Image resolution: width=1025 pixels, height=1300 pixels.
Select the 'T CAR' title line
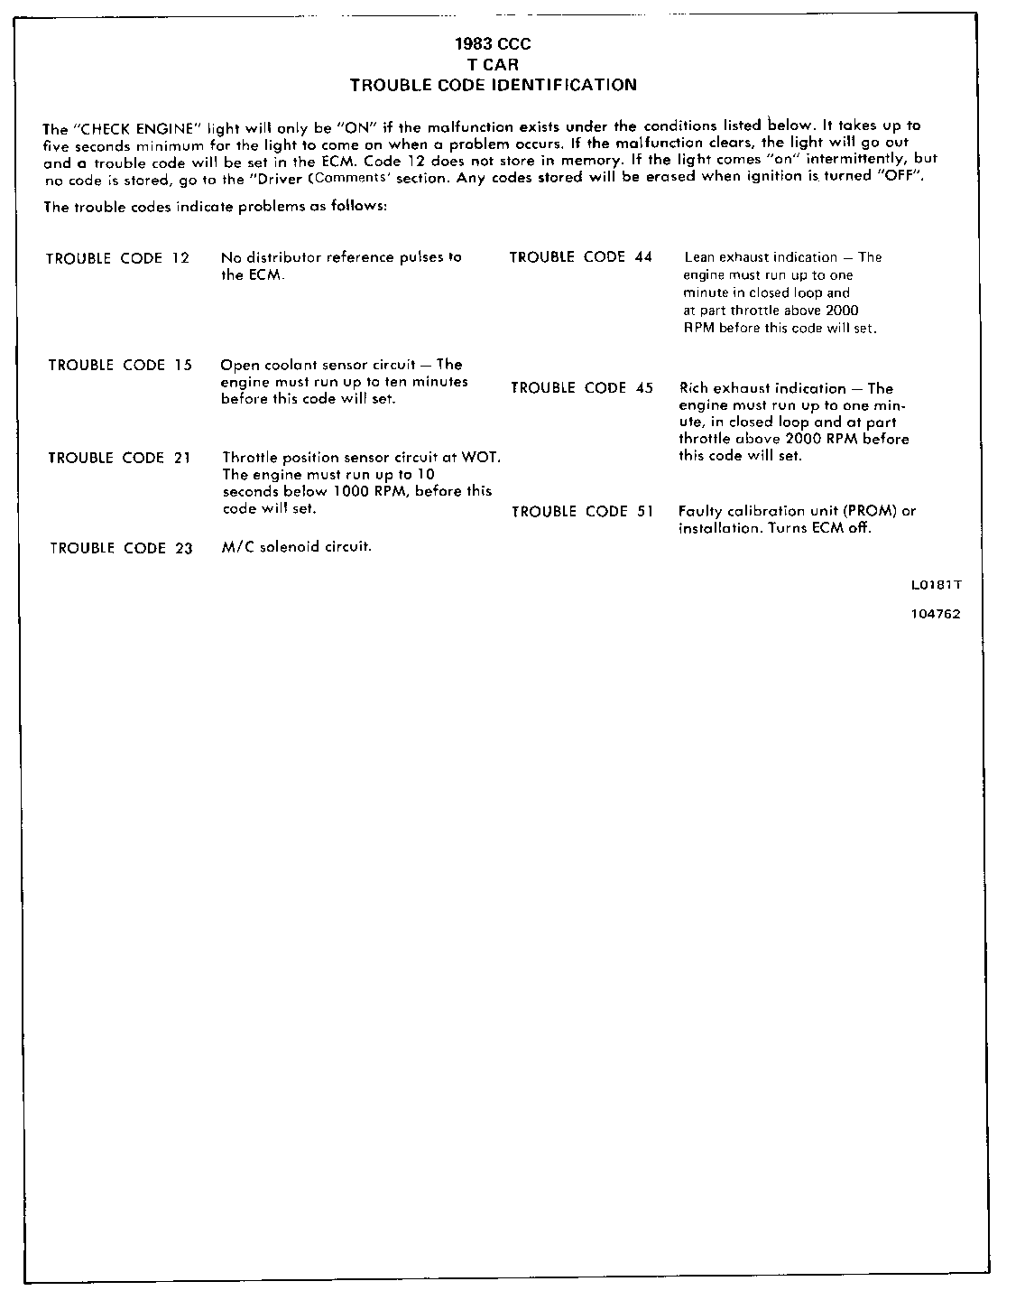coord(493,64)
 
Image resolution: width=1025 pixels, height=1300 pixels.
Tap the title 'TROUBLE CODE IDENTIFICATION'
coord(493,85)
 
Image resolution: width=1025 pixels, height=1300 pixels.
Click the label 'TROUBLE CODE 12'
coord(118,258)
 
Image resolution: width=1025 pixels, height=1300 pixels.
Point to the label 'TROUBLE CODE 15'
coord(120,366)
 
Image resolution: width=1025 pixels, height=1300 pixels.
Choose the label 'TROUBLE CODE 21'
coord(119,458)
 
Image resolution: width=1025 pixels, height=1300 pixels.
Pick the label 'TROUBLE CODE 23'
coord(121,548)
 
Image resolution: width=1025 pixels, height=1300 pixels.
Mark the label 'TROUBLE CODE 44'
coord(580,257)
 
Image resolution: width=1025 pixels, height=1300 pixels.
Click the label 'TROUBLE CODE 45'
coord(582,388)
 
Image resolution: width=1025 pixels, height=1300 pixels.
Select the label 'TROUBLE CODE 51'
coord(582,512)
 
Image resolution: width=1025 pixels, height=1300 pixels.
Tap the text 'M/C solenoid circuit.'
coord(297,547)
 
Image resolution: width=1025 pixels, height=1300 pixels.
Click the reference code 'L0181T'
coord(936,584)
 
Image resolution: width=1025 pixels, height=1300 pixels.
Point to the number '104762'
coord(936,614)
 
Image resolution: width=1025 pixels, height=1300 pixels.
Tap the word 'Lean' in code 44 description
coord(699,257)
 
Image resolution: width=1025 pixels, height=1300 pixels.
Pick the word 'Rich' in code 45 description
coord(694,388)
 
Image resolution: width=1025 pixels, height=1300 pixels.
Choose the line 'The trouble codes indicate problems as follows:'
coord(216,207)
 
